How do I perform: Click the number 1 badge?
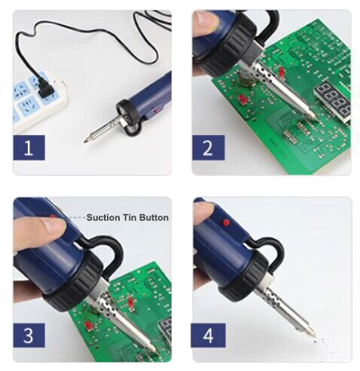click(29, 146)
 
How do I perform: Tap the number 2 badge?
click(209, 146)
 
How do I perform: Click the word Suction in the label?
click(102, 218)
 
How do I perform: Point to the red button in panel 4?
click(225, 225)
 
